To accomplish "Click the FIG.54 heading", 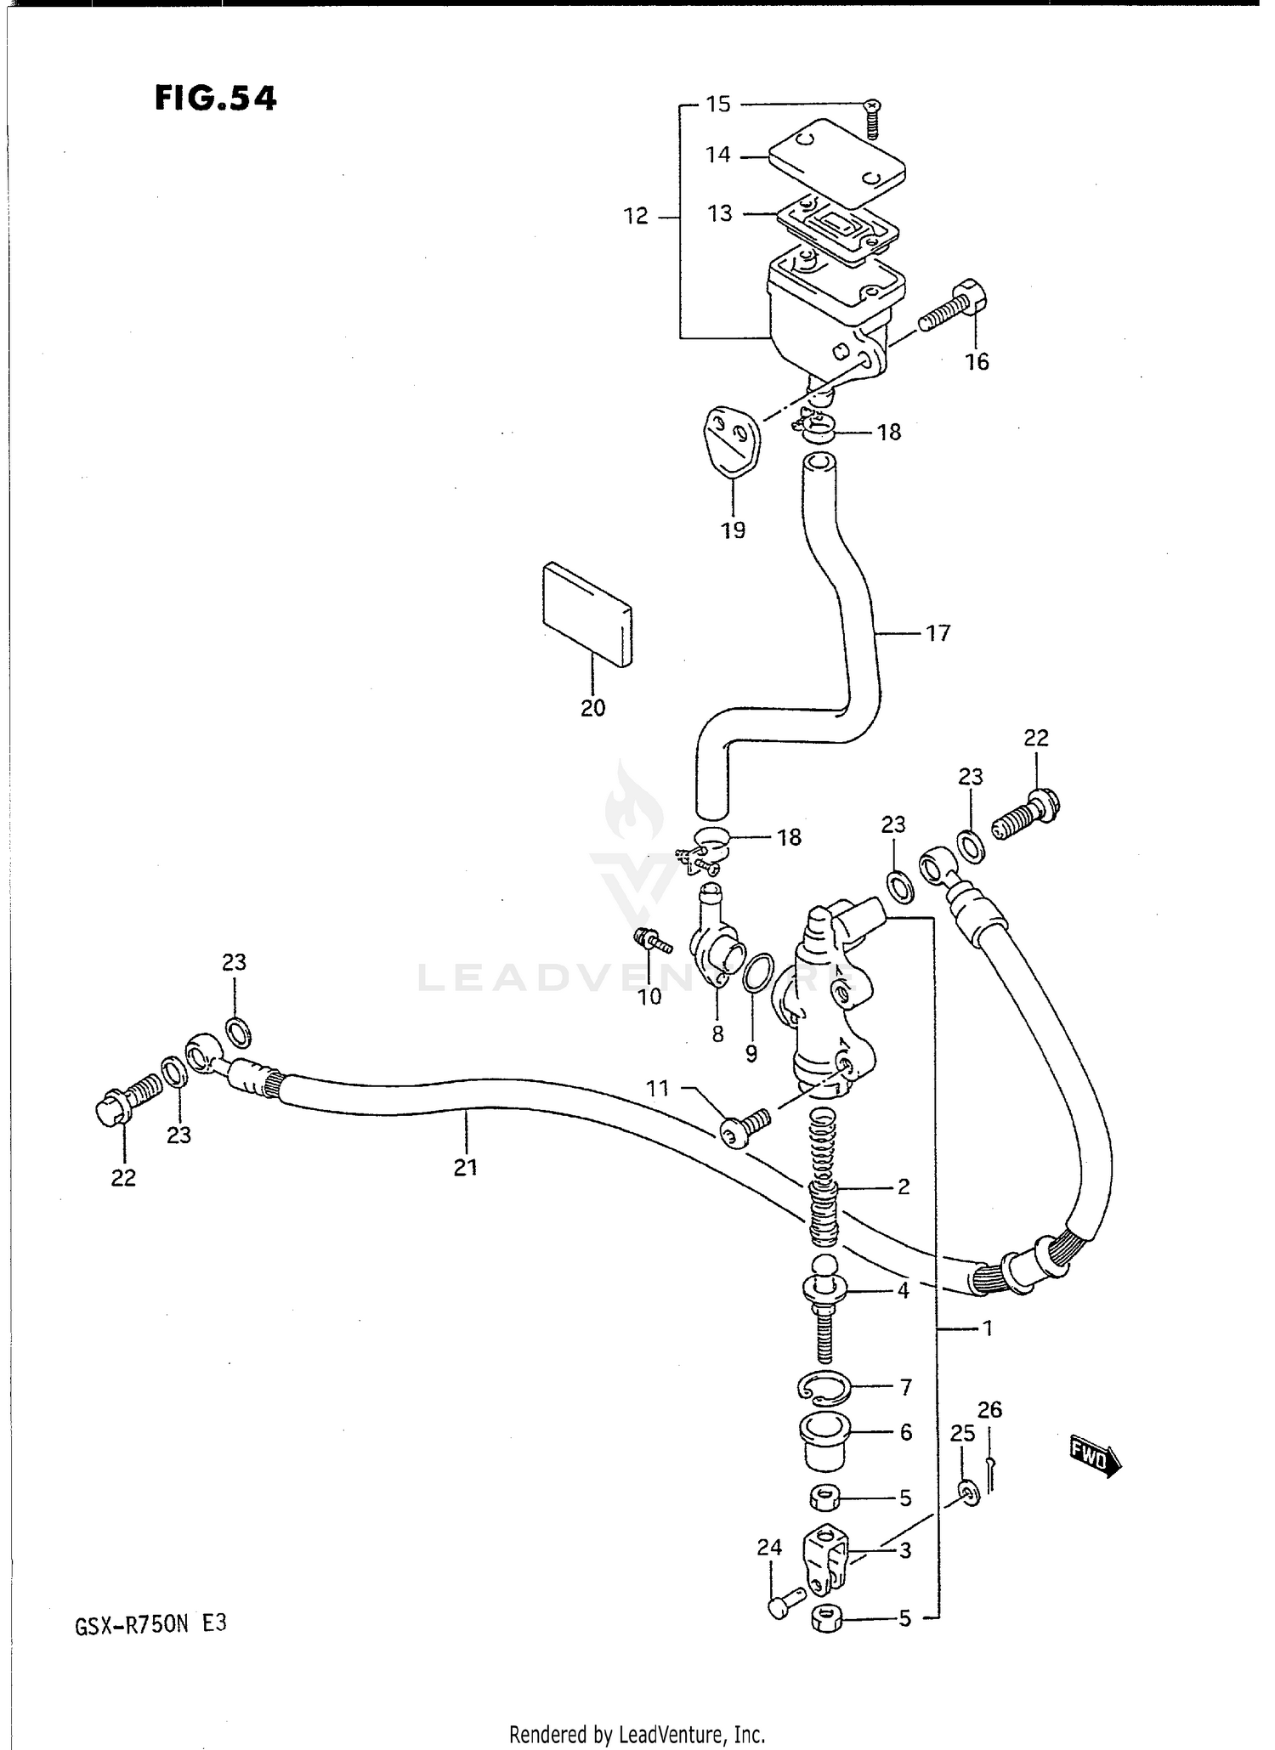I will tap(216, 99).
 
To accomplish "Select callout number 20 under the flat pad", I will tap(592, 708).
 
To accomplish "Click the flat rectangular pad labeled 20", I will tap(587, 613).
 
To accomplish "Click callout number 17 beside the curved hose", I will tap(938, 633).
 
